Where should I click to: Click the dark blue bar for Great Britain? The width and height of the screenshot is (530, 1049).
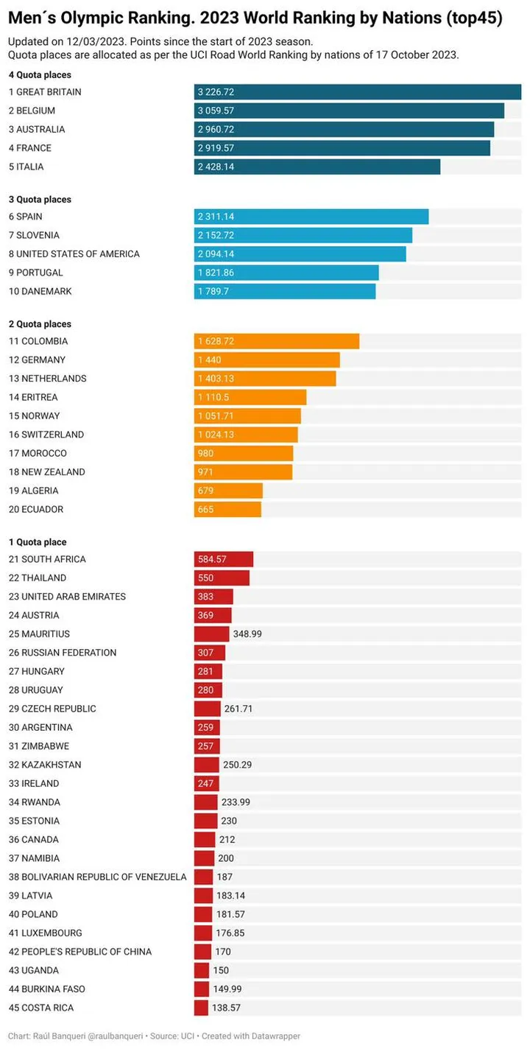[358, 92]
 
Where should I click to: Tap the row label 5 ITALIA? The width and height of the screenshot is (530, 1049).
[26, 166]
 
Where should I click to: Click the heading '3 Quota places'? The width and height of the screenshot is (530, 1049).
[40, 200]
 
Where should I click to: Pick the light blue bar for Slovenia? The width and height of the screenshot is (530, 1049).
[303, 235]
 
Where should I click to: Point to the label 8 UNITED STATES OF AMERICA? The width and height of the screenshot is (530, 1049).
[74, 254]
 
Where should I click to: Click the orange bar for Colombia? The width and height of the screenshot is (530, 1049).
[277, 341]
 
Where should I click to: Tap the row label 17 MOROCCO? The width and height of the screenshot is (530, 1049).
[38, 453]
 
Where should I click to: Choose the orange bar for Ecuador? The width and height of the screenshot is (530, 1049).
[227, 509]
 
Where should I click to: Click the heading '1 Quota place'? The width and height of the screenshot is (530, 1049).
[37, 542]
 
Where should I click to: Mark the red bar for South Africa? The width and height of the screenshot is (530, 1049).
[224, 559]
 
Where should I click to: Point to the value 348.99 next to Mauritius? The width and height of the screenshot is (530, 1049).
[248, 634]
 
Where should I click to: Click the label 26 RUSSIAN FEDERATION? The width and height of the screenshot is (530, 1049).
[63, 653]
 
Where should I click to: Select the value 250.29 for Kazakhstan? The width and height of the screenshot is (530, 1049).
[237, 765]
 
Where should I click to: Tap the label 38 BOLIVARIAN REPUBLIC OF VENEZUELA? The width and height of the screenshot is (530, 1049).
[98, 877]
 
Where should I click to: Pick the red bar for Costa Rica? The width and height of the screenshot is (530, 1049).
[201, 1008]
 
